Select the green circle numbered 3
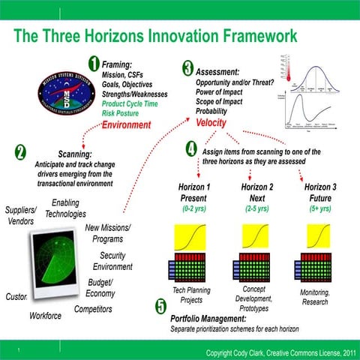pyautogui.click(x=187, y=68)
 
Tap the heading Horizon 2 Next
pyautogui.click(x=258, y=192)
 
